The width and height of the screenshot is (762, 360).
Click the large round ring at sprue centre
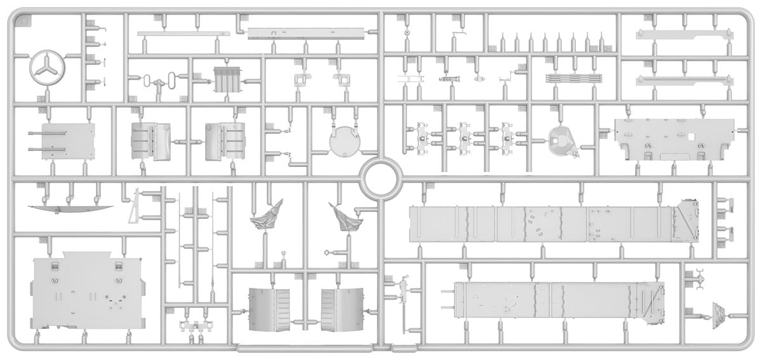pos(380,178)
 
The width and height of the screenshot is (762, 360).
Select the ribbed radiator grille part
pos(225,80)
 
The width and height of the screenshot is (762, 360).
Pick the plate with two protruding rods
pos(63,141)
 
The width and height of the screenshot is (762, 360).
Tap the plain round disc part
pos(345,140)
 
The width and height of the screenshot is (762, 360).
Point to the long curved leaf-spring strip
pos(70,209)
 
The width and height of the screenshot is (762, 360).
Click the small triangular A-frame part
pos(135,206)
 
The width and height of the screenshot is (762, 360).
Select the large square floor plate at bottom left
pos(86,291)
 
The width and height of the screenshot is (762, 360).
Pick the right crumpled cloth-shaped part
pos(345,217)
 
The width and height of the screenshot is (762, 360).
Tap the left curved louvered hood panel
pos(268,309)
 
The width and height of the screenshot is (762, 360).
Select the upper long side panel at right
pos(552,223)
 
